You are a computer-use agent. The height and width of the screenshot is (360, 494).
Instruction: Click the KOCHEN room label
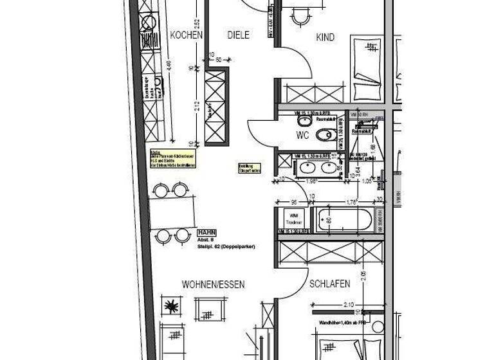point(187,36)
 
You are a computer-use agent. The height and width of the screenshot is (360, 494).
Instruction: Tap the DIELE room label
point(238,35)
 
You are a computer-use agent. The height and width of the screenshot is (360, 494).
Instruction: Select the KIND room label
point(325,38)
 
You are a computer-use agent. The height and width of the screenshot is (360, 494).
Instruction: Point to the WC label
point(302,135)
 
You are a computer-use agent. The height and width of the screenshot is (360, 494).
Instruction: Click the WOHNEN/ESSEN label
point(213,284)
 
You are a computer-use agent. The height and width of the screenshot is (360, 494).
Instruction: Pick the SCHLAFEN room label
point(329,283)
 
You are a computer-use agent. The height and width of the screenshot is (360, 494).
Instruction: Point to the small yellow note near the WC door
point(250,168)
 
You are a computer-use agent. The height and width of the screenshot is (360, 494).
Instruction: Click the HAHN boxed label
point(207,232)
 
